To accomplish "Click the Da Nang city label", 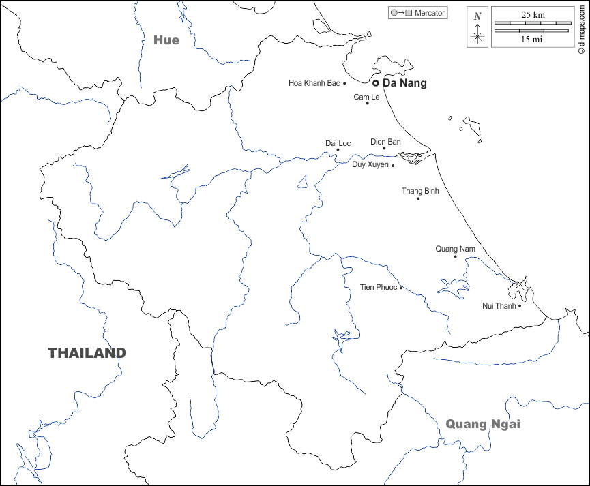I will click(404, 83).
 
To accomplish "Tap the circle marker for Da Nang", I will click(375, 83).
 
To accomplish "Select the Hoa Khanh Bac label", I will click(314, 83).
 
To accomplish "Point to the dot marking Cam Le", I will click(368, 103).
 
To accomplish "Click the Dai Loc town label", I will click(338, 143).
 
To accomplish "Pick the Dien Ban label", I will click(385, 142).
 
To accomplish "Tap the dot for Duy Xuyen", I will click(393, 165).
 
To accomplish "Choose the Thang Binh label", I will click(420, 191).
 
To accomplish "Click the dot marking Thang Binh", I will click(418, 198).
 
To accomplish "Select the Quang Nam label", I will click(455, 249).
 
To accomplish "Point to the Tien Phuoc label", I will click(378, 287).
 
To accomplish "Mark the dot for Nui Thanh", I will click(520, 305).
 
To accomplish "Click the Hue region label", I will click(166, 40).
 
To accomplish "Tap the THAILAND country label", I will click(87, 352).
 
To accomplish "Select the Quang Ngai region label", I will click(483, 424).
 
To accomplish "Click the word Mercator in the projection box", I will click(430, 13).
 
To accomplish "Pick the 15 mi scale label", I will click(532, 39).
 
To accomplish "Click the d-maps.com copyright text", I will click(581, 27).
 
